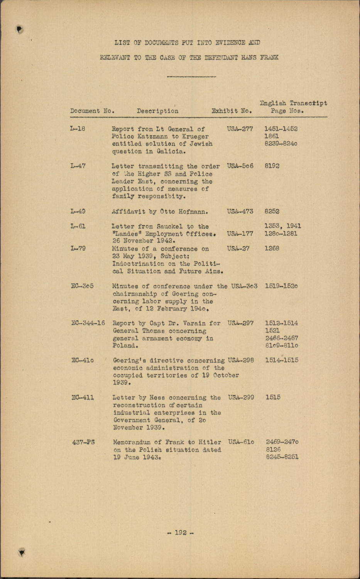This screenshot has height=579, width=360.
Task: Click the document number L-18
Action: tap(78, 129)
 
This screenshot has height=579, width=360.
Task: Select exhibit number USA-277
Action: tap(240, 129)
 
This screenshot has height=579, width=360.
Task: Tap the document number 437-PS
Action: tap(83, 442)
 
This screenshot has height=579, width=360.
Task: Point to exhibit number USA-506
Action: tap(240, 166)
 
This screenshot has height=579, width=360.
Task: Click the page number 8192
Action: tap(272, 166)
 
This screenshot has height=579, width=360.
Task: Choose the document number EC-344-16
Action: tap(88, 323)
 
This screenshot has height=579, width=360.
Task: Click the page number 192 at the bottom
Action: tap(181, 533)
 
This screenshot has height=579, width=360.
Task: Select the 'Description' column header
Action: tap(157, 111)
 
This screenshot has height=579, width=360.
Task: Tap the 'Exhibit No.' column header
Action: tap(232, 111)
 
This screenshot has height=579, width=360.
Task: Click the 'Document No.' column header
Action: tap(92, 111)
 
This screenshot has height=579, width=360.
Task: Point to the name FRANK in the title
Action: tap(269, 58)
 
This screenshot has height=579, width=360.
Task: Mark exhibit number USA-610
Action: tap(241, 442)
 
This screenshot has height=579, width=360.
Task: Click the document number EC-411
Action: tap(83, 398)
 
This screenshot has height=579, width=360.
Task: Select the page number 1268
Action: tap(272, 249)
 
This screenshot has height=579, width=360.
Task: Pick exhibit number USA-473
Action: tap(240, 212)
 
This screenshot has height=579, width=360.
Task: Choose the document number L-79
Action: tap(78, 249)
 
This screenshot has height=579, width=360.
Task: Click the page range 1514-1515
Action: tap(282, 360)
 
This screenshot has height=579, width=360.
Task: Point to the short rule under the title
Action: tap(191, 76)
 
